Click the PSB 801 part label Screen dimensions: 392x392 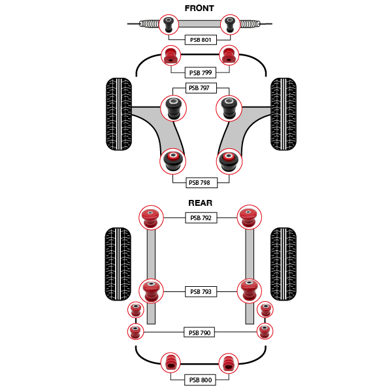tap(201, 40)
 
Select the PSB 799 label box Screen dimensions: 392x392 tap(200, 73)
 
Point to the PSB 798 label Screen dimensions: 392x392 tap(200, 183)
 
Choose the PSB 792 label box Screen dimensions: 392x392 tap(201, 218)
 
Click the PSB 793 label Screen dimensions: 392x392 tap(201, 292)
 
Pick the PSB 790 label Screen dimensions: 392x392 tap(199, 333)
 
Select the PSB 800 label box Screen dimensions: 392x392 tap(200, 380)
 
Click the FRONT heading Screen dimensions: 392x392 tap(199, 8)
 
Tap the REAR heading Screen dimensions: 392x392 tap(200, 203)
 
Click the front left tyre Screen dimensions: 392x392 tap(119, 114)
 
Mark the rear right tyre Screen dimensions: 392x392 tap(283, 263)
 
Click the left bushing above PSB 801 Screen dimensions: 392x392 tap(168, 24)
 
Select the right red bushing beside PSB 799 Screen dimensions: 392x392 tap(229, 55)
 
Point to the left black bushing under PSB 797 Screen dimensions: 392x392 tap(174, 108)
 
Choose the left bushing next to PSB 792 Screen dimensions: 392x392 tap(150, 217)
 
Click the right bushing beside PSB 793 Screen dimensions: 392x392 tap(249, 291)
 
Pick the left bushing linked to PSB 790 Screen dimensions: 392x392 tap(135, 331)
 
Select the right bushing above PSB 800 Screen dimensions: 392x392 tap(229, 363)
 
